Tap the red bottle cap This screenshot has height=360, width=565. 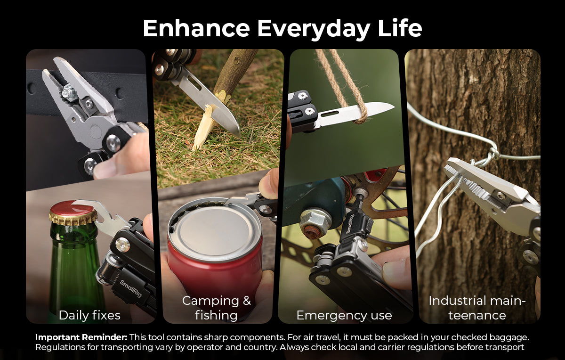point(73,213)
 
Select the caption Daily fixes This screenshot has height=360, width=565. point(89,315)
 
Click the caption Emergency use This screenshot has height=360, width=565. point(344,315)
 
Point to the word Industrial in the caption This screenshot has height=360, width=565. point(461,301)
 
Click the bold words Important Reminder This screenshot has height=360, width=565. point(81,337)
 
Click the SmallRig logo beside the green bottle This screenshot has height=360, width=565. point(131,288)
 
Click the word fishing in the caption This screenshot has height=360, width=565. point(216,315)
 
